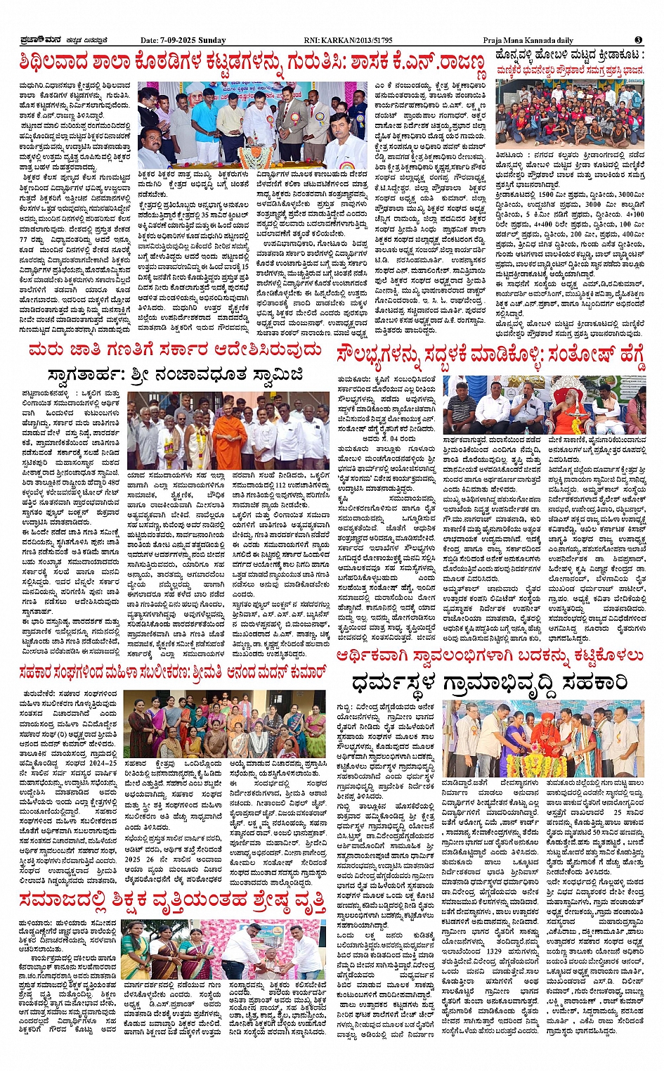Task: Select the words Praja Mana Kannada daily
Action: point(528,41)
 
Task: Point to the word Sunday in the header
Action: point(212,41)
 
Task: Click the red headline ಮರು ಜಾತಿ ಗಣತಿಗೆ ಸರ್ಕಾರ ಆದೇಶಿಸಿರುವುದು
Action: point(175,350)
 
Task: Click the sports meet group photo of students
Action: point(570,113)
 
